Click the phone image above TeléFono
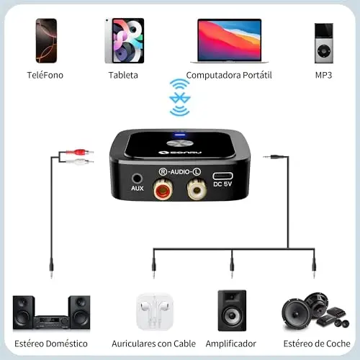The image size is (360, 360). [46, 41]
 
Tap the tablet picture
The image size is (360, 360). [125, 40]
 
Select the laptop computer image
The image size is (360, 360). [229, 41]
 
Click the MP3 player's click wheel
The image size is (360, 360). [324, 51]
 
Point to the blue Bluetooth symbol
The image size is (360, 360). [180, 98]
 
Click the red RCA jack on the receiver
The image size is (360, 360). [163, 190]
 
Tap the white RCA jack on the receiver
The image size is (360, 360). [197, 190]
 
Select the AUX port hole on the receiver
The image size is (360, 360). [137, 179]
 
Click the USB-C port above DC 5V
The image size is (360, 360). [222, 176]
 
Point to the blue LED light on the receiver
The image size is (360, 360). [180, 134]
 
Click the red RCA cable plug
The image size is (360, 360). [79, 152]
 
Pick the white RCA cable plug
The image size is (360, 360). [79, 161]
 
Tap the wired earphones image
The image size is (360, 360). [155, 312]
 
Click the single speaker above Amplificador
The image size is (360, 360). [232, 310]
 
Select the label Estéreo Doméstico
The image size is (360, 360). [51, 343]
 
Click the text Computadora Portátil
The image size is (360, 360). [229, 76]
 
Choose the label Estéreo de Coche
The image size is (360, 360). [317, 343]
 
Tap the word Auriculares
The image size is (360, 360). [134, 343]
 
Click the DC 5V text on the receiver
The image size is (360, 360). [222, 184]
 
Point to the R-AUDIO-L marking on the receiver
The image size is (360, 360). [180, 171]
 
